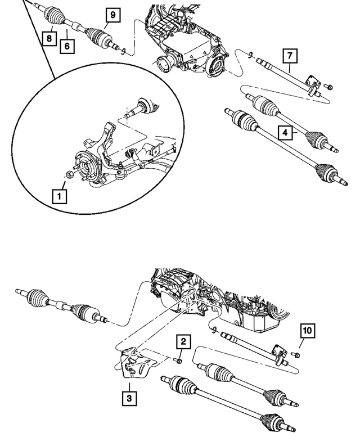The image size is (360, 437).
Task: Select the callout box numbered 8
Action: coord(51,38)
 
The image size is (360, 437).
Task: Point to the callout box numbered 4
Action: coord(286,133)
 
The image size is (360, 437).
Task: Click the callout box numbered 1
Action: coord(58,196)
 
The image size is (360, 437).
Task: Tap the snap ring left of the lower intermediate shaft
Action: coord(214,328)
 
